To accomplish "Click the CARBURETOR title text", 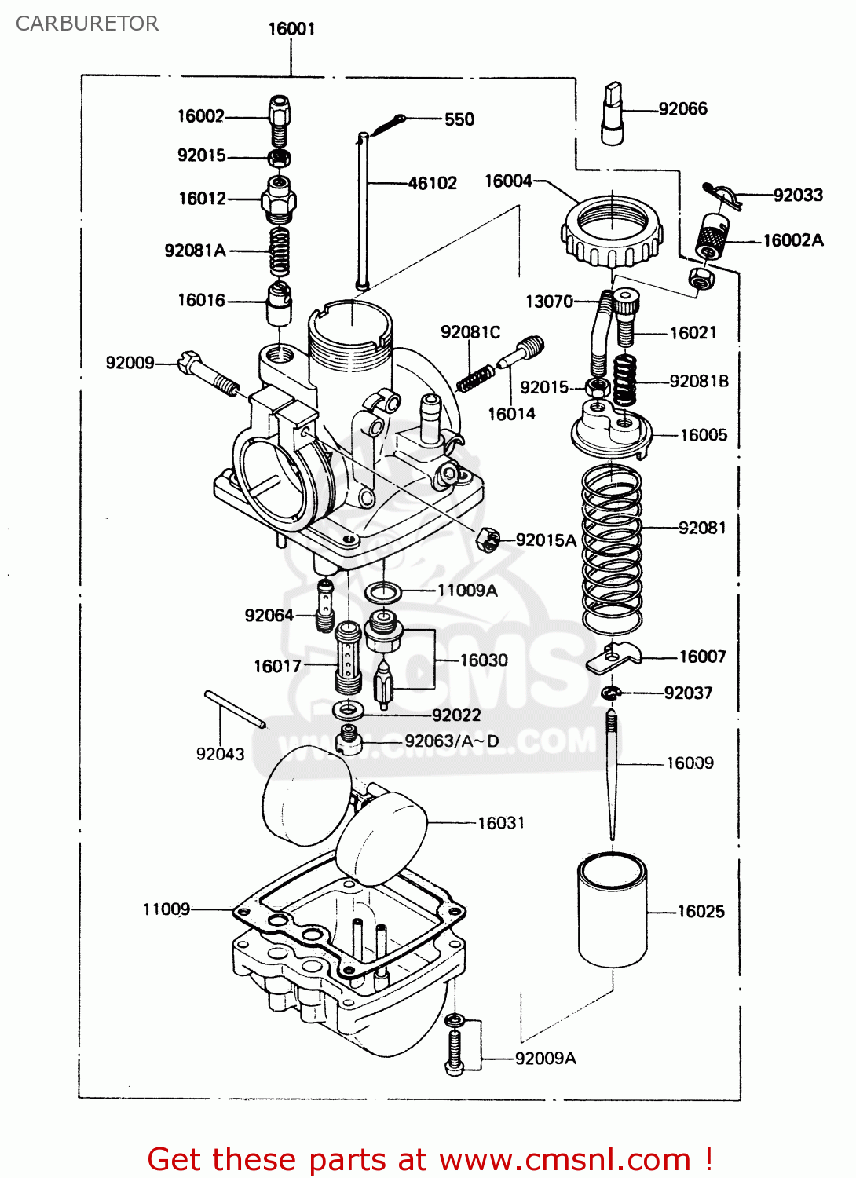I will (87, 24).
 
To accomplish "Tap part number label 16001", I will (291, 29).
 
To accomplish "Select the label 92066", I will (682, 109).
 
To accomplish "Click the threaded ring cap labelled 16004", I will (611, 229).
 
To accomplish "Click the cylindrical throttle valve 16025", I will (613, 910).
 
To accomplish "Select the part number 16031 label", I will (501, 823).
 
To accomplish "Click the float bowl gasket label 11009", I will (166, 909).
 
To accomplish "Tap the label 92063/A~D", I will (452, 741).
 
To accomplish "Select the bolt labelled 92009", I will (208, 375).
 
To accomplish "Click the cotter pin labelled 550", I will (389, 123).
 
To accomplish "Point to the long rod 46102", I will (363, 212).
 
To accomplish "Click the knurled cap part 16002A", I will (712, 236).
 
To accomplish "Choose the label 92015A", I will (546, 540).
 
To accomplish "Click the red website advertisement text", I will (430, 1159).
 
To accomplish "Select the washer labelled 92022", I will (348, 711).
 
